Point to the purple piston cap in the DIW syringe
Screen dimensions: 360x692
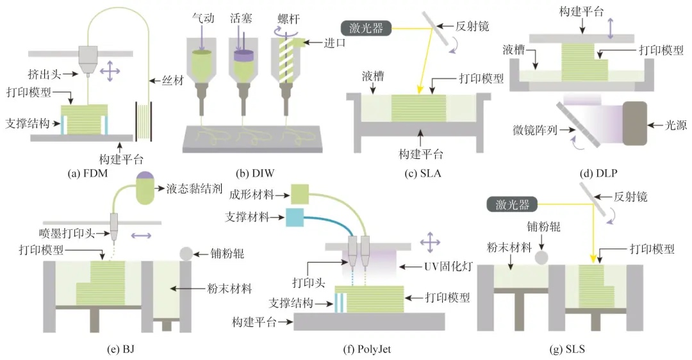tap(244, 57)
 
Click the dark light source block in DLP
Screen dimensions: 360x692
tap(637, 121)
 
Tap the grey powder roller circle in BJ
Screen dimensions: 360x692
tap(186, 253)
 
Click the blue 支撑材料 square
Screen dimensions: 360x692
tap(295, 218)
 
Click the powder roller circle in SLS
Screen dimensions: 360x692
tap(541, 258)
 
